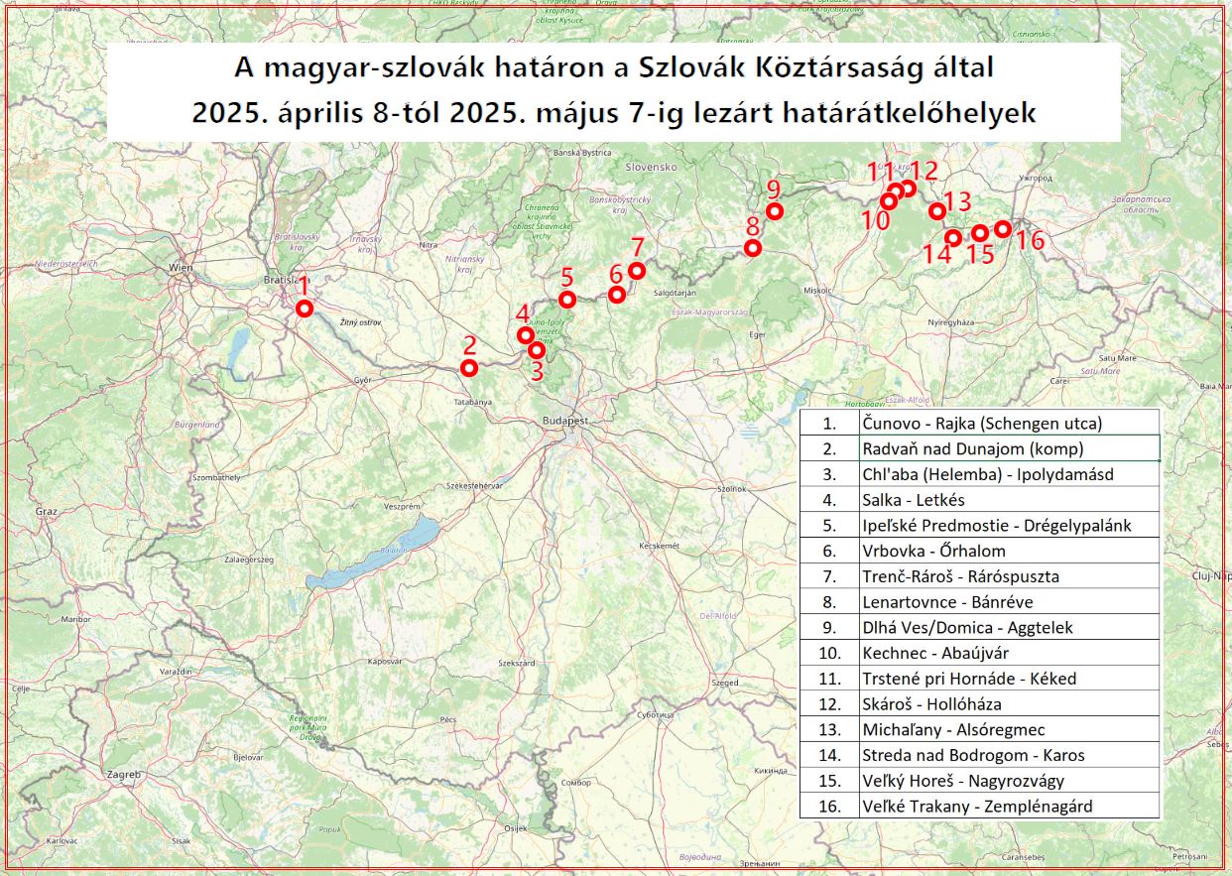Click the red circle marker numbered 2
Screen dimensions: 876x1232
tap(469, 368)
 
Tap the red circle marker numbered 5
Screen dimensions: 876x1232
tap(567, 300)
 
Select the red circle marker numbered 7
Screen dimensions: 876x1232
tap(637, 271)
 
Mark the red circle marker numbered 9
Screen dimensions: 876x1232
tap(774, 210)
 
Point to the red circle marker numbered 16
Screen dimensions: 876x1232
tap(1002, 229)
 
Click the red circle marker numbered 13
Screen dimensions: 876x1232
tap(936, 210)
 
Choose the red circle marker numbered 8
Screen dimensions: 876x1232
tap(753, 248)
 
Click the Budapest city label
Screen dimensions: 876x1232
tap(565, 421)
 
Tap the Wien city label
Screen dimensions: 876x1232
tap(180, 268)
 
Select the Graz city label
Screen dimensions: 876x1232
tap(47, 512)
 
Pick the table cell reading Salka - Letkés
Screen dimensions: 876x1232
tap(1009, 500)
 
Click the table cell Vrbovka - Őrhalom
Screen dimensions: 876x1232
tap(1009, 551)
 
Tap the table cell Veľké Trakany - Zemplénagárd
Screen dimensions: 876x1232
tap(1009, 807)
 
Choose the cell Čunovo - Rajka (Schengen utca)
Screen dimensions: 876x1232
tap(1009, 424)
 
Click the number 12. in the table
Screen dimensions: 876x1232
tap(830, 704)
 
